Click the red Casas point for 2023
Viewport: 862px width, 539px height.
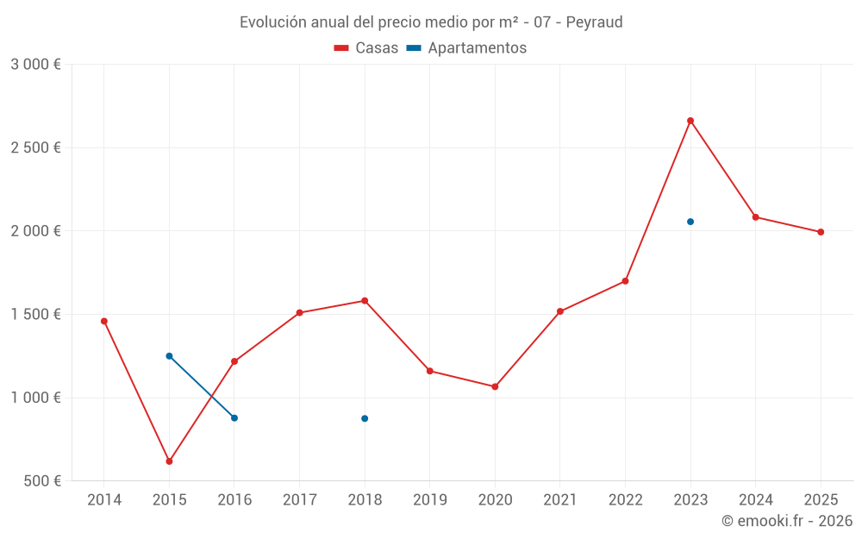(690, 121)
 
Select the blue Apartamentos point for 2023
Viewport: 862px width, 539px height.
(690, 222)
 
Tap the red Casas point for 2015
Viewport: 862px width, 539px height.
(169, 461)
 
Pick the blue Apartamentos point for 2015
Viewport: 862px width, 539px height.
(169, 356)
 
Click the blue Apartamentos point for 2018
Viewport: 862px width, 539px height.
(365, 418)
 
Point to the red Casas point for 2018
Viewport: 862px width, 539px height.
(365, 301)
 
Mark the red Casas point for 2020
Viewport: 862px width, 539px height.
(495, 386)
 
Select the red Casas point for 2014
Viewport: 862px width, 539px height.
(104, 321)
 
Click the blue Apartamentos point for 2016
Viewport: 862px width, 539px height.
(234, 417)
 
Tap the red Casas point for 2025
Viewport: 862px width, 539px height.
(821, 232)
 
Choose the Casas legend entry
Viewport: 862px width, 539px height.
(366, 48)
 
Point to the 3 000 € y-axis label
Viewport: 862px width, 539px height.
(35, 65)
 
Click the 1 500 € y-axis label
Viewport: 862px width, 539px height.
(35, 315)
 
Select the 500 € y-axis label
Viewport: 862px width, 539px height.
(41, 481)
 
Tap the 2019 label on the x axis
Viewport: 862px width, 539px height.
(430, 499)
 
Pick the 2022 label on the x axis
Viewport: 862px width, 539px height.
(625, 499)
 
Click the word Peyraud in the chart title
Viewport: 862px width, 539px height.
(594, 22)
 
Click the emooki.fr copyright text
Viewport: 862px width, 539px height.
(787, 521)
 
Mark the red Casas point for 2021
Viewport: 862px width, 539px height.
(560, 311)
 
